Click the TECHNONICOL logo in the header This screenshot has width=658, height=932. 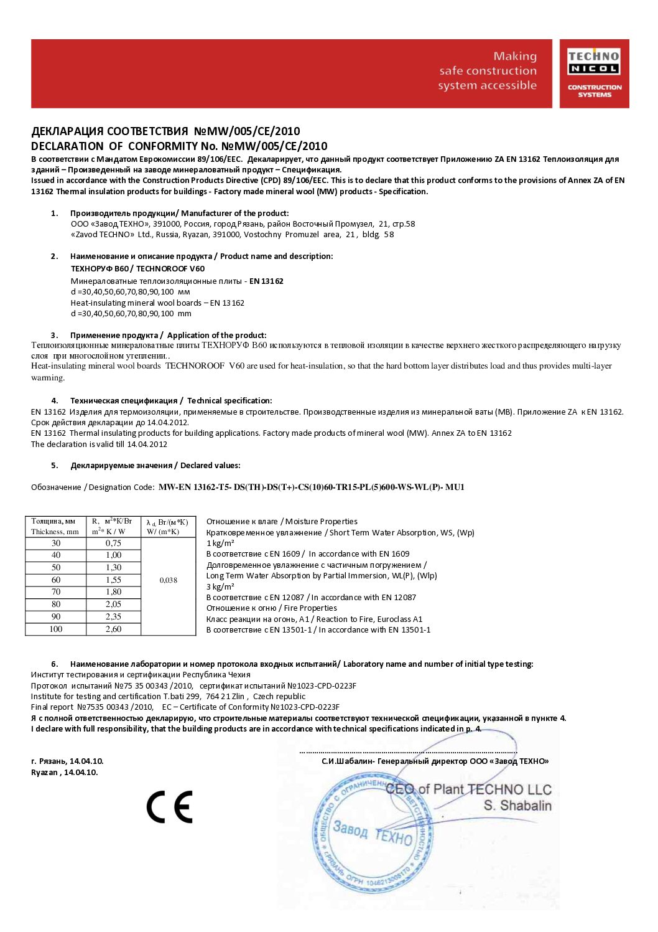[594, 73]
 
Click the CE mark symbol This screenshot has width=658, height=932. [169, 807]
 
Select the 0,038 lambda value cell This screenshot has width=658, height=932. [169, 580]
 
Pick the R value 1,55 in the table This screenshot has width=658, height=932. [113, 580]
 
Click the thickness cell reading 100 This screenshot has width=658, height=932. [56, 629]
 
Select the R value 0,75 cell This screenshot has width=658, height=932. [113, 543]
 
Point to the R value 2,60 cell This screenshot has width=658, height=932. [113, 629]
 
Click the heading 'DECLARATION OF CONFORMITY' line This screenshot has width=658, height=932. [179, 146]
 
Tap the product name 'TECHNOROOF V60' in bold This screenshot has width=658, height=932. [170, 268]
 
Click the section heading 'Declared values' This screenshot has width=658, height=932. [210, 465]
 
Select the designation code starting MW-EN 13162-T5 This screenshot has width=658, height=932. [311, 487]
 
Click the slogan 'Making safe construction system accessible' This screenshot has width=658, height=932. [488, 71]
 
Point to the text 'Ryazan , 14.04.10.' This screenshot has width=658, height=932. [65, 772]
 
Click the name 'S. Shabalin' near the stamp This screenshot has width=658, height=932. [517, 806]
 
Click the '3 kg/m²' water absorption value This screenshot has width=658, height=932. [220, 586]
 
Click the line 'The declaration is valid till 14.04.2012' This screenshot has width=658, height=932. [100, 444]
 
